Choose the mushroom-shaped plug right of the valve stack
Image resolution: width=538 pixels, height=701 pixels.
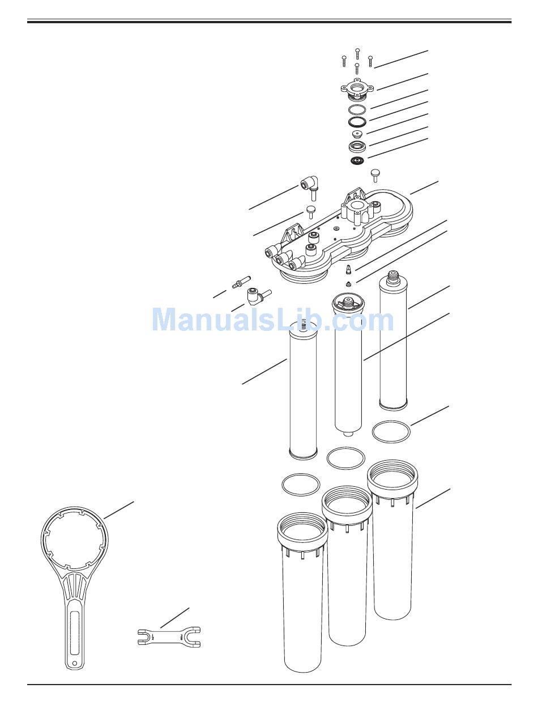(x=375, y=174)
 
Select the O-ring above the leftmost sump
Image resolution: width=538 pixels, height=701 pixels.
(x=301, y=485)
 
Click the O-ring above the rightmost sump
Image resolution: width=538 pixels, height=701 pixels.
(x=391, y=432)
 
